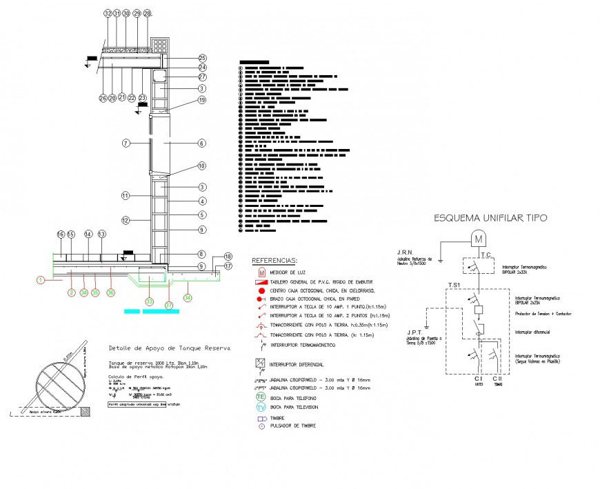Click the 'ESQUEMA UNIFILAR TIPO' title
pos(490,218)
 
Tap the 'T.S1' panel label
pos(454,284)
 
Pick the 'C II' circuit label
pos(497,379)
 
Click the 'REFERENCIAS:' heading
pos(274,261)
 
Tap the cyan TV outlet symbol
pos(261,407)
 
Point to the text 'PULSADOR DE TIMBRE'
pos(293,426)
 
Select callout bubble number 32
pos(107,14)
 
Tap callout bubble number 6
pos(202,143)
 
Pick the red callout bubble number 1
pos(40,280)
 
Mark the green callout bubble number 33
pos(149,301)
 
